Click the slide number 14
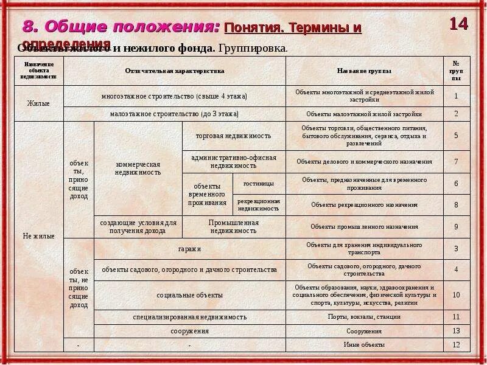coord(459,24)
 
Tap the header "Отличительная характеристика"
coord(175,71)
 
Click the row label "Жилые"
coord(38,103)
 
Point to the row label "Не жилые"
coord(38,236)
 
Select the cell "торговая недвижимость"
coord(233,136)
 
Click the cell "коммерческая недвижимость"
coord(138,169)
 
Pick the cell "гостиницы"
coord(258,183)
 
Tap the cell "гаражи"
coord(189,249)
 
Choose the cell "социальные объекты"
coord(189,295)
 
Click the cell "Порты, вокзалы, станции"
coord(364,317)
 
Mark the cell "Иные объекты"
coord(364,345)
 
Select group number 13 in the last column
coord(456,331)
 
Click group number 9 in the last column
coord(456,227)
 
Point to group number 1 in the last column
coord(456,96)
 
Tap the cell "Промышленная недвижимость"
coord(234,227)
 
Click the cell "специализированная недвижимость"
coord(189,317)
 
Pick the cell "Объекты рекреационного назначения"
coord(364,205)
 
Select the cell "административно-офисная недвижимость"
coord(233,161)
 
